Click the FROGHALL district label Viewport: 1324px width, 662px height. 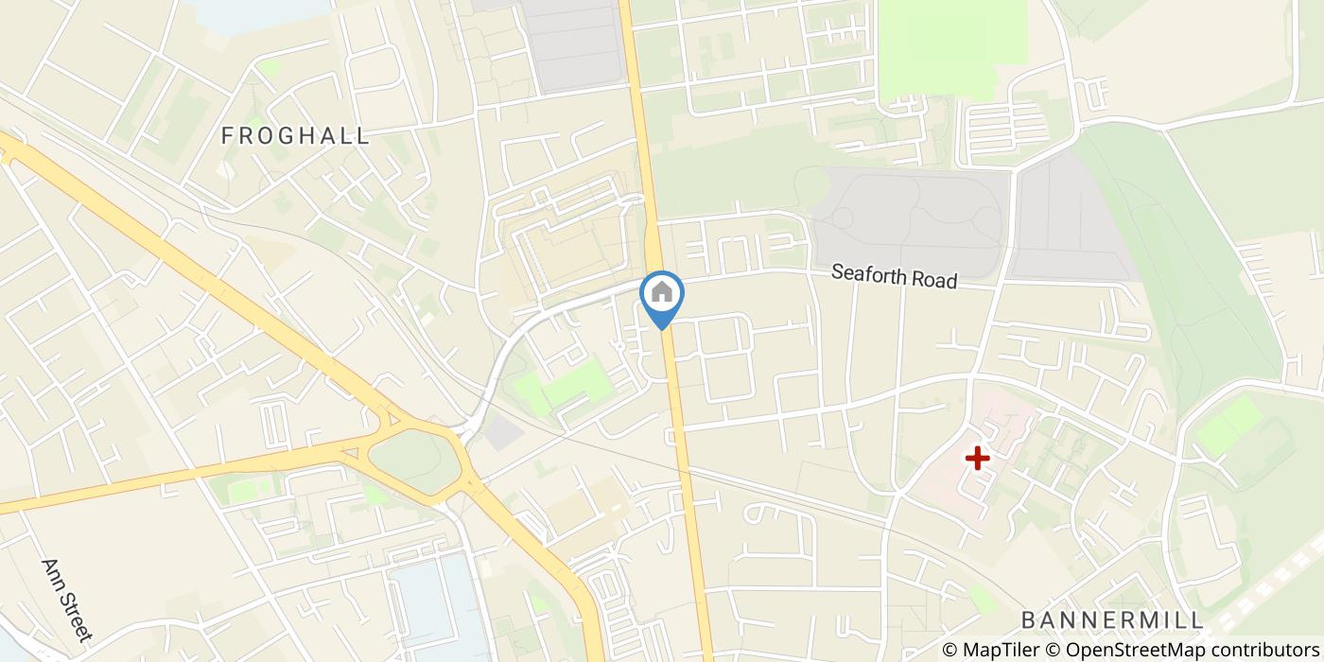coord(295,136)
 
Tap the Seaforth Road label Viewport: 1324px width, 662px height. coord(894,277)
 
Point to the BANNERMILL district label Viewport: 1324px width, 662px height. coord(1112,620)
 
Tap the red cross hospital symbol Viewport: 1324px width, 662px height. coord(977,459)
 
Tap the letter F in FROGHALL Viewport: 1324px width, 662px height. coord(227,136)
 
